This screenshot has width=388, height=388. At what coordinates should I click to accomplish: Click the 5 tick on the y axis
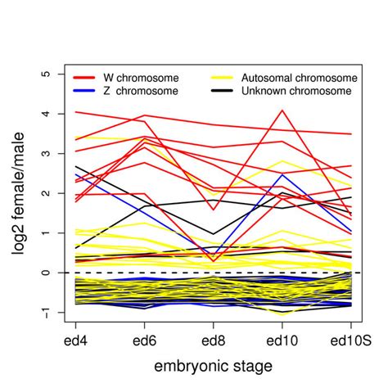[47, 74]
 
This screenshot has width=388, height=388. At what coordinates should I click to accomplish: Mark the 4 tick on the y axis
[47, 114]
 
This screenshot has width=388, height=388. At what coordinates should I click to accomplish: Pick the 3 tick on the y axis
[47, 154]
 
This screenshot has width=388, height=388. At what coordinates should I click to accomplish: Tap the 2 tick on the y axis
[47, 193]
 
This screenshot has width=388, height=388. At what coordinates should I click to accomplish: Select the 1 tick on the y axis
[47, 233]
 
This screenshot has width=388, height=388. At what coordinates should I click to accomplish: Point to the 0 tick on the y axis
[47, 273]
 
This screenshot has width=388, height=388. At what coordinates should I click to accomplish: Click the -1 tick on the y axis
[47, 311]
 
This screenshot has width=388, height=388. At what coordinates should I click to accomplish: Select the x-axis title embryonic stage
[213, 364]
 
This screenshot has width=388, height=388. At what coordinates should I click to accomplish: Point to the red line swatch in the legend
[85, 77]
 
